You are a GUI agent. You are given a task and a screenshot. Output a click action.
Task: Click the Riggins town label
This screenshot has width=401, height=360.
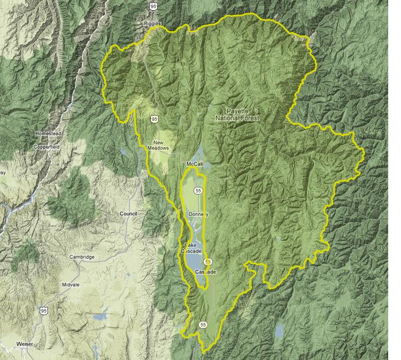click(152, 24)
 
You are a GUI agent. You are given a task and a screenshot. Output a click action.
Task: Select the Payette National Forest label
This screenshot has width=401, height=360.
click(237, 114)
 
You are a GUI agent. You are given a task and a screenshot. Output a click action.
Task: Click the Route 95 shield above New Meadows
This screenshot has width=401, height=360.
click(154, 119)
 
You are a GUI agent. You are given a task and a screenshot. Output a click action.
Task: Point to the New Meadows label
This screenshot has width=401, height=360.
click(158, 146)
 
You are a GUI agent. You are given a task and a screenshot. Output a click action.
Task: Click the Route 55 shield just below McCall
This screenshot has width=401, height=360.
click(198, 190)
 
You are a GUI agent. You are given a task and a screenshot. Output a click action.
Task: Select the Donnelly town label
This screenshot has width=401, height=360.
click(198, 214)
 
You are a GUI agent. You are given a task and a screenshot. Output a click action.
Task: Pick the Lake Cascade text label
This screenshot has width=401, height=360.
click(191, 248)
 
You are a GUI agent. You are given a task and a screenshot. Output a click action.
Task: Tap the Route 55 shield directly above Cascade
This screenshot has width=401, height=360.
click(207, 262)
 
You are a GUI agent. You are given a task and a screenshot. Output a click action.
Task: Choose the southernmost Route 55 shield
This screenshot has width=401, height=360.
click(203, 324)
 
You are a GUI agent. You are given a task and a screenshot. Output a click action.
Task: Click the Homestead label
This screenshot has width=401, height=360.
click(48, 133)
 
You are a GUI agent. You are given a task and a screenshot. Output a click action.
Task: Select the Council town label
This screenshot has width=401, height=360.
click(128, 214)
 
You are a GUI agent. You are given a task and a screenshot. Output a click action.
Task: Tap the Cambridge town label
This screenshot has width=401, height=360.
click(82, 257)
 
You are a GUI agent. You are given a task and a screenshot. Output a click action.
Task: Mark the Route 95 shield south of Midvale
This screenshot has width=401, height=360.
click(43, 310)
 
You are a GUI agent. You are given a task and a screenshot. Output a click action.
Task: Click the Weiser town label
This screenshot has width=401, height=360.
click(25, 344)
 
